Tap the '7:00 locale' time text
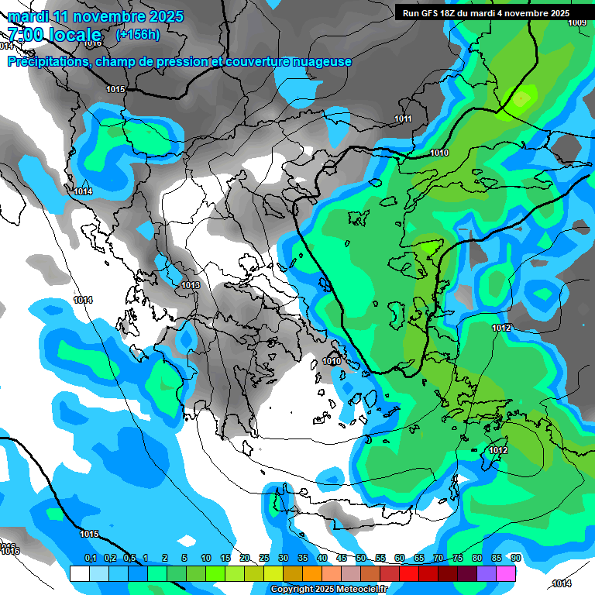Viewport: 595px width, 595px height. (54, 35)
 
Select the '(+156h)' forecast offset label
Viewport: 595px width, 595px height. (138, 35)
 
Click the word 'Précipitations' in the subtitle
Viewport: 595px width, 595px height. (46, 62)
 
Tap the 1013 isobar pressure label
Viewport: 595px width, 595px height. (191, 286)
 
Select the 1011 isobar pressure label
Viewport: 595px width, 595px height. (403, 119)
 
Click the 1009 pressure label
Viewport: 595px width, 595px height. (577, 22)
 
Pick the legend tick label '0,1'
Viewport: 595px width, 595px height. (90, 559)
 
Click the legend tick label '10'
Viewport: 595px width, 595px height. (206, 559)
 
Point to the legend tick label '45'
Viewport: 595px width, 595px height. (342, 559)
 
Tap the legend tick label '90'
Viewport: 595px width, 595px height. (516, 559)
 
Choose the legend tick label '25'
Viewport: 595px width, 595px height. (264, 559)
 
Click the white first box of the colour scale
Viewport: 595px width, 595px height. (79, 573)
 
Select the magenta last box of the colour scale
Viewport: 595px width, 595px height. (506, 573)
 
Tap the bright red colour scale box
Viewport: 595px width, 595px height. (409, 573)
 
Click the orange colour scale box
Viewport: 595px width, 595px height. (312, 573)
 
